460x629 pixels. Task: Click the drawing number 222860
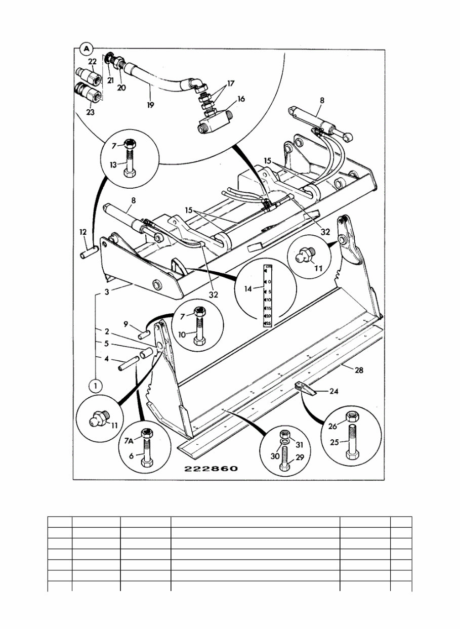[x=211, y=469]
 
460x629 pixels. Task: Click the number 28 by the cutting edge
[x=358, y=371]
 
